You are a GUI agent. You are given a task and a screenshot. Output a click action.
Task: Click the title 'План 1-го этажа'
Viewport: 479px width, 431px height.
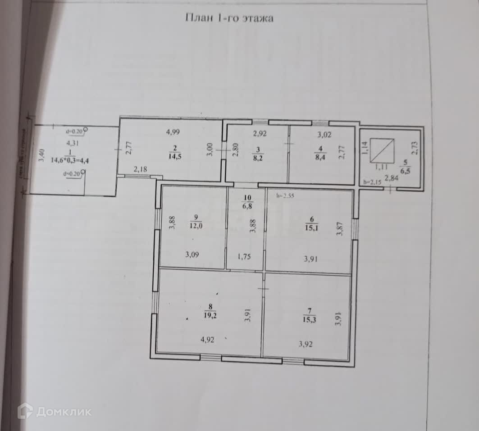[x=229, y=18]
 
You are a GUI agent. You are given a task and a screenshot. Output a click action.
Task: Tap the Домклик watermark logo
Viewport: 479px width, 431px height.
[x=54, y=411]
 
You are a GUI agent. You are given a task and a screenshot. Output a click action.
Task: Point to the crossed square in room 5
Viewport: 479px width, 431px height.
[x=382, y=150]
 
